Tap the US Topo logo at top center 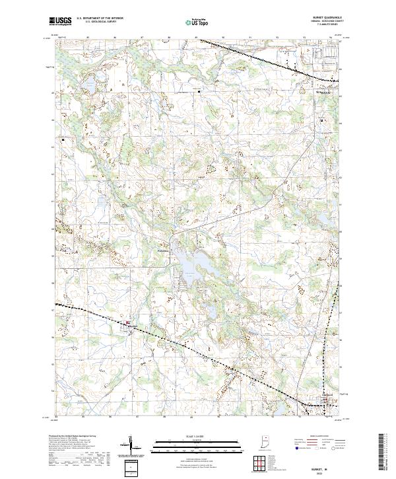(198, 22)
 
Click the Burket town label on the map (131, 325)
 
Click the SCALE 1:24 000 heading (198, 437)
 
